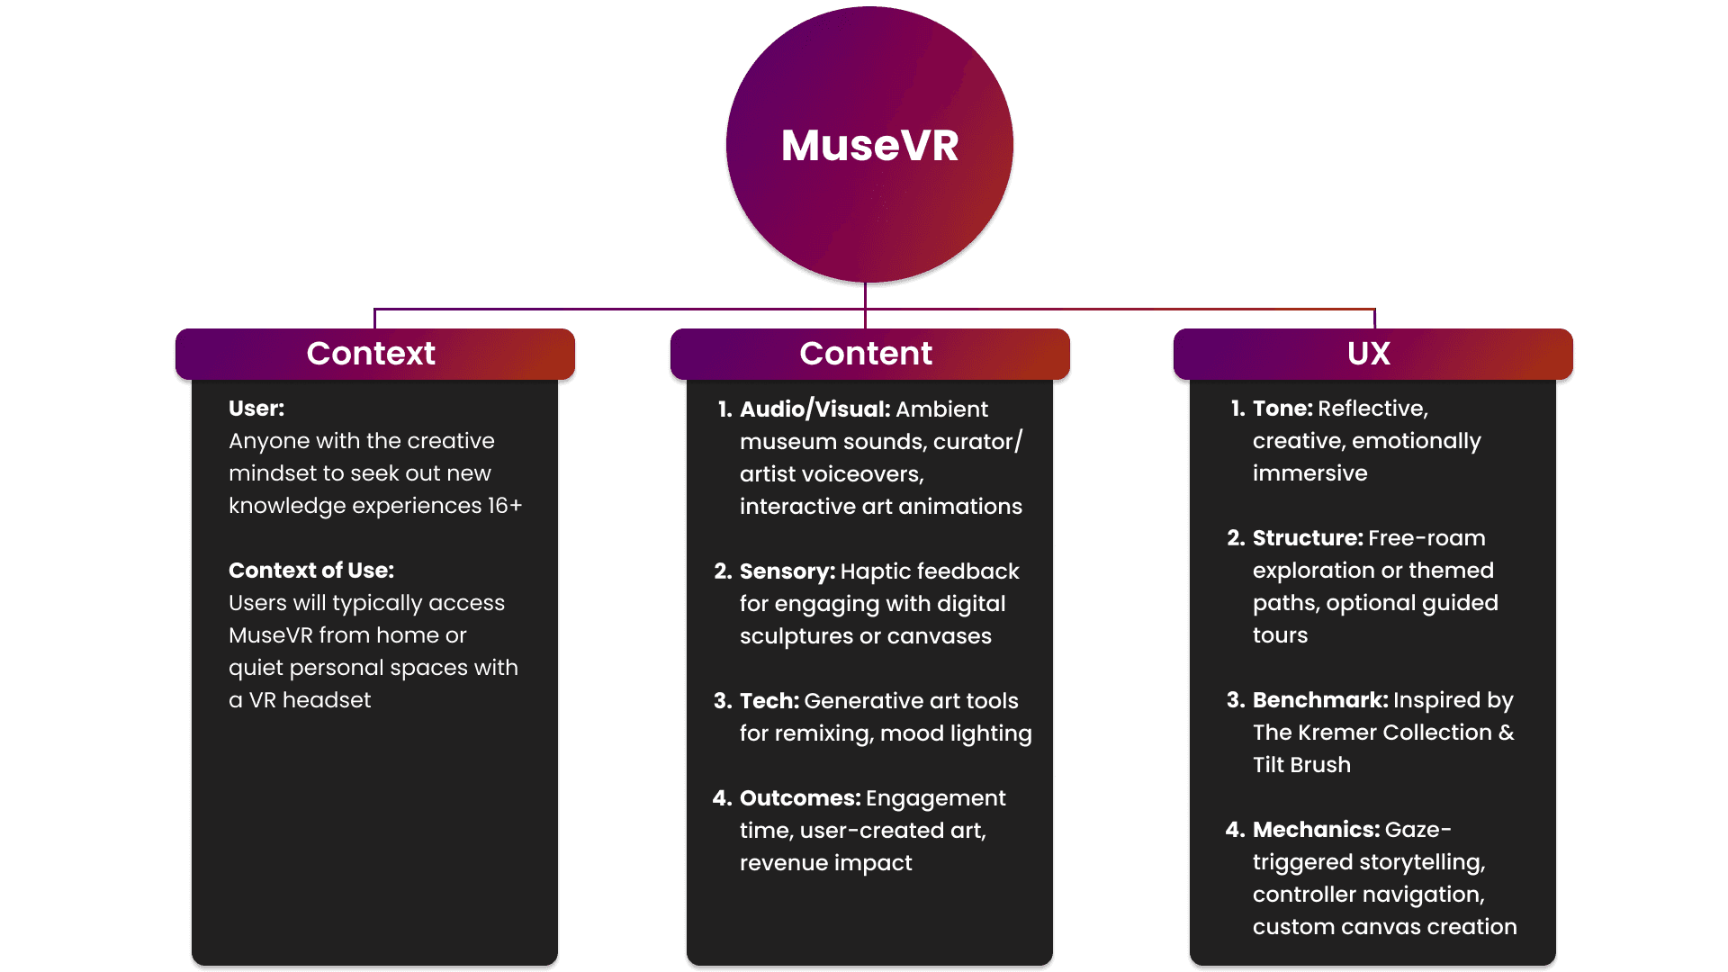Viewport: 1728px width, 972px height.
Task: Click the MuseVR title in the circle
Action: click(869, 146)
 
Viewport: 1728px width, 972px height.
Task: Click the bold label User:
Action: click(256, 409)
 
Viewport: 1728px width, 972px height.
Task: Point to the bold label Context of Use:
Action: click(311, 571)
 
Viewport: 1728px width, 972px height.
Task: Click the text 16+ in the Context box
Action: click(505, 506)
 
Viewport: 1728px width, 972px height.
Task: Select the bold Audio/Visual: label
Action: click(814, 409)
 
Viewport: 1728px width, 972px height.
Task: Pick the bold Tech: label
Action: click(769, 701)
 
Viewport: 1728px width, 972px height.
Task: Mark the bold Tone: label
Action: click(1282, 409)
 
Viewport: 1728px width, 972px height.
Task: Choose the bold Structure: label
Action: click(1308, 538)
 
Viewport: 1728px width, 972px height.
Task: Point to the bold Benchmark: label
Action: click(1320, 700)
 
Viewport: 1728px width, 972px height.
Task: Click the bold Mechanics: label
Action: click(1316, 830)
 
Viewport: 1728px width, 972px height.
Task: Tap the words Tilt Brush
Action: click(1301, 765)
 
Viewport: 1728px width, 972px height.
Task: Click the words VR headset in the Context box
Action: click(310, 700)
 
